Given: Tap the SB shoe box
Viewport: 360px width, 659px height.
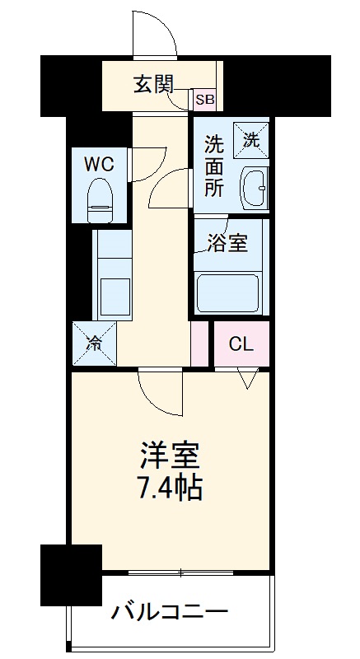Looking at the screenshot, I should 203,100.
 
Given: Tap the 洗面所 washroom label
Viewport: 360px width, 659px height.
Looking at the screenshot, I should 213,164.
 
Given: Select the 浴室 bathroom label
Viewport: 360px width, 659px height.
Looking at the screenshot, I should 227,245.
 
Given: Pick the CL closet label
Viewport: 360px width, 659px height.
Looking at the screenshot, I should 241,344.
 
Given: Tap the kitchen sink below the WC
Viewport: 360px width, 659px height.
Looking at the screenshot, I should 113,293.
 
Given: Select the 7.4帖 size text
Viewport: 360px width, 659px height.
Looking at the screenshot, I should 170,488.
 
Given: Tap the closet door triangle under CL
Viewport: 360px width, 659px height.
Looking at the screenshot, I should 248,378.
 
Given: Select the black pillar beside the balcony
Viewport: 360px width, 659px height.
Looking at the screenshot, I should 71,573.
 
